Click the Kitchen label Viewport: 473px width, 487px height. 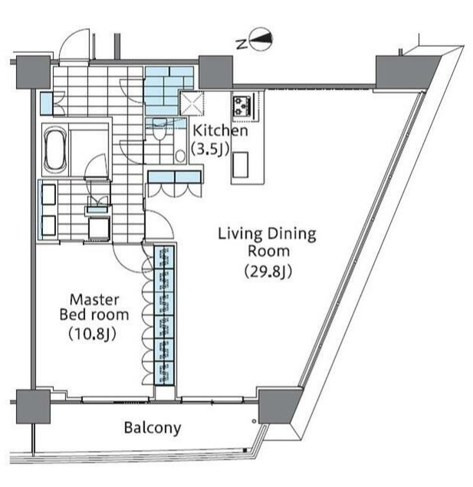[x=220, y=130]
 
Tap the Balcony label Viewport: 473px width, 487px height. [x=153, y=428]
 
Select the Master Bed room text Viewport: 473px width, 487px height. [x=94, y=308]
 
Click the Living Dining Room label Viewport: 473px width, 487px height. [x=268, y=242]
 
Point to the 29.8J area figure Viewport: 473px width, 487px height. [x=268, y=271]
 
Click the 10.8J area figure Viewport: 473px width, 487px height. [x=92, y=334]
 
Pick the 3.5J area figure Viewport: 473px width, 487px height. [x=210, y=149]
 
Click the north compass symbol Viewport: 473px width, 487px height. [x=261, y=39]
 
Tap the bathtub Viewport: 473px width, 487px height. [x=55, y=150]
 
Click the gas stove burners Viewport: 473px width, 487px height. [x=242, y=107]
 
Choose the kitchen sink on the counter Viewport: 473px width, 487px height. [x=241, y=165]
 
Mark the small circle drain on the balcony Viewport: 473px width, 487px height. [x=255, y=421]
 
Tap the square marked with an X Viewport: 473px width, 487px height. [x=192, y=103]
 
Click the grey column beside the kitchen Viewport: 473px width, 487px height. [x=215, y=72]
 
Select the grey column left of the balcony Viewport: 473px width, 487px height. [x=33, y=406]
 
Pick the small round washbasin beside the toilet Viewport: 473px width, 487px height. [x=180, y=156]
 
